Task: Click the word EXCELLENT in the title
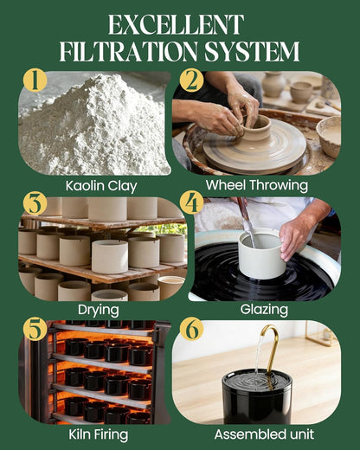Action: [176, 25]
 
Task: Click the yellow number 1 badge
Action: [35, 80]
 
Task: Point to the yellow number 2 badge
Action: [191, 80]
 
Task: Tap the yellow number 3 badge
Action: [35, 203]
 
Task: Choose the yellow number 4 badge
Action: [191, 203]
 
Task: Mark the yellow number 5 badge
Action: [35, 330]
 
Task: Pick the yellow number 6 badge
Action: [191, 330]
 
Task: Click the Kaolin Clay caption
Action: [101, 186]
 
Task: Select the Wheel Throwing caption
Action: [257, 185]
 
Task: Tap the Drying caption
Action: [99, 311]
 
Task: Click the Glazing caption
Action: [264, 310]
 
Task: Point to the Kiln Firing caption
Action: [99, 434]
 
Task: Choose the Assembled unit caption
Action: [264, 434]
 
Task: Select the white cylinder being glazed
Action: [262, 254]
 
